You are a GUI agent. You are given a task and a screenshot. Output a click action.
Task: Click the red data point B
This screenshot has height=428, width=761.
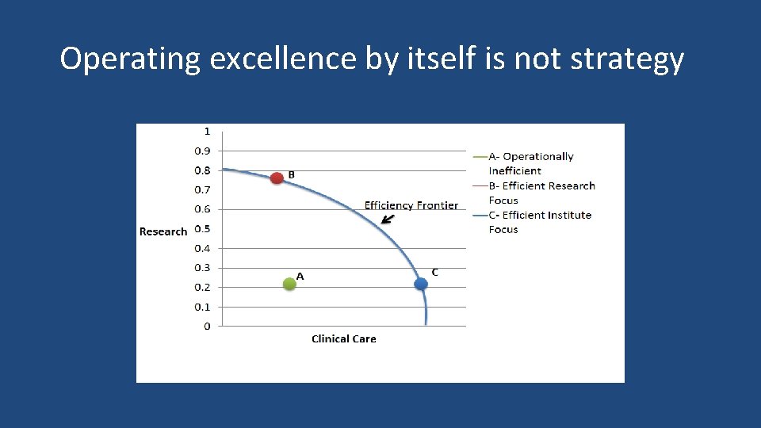277,178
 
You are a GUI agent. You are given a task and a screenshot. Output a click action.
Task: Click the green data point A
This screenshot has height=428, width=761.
289,284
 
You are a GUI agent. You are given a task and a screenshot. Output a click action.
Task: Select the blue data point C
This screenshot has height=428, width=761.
421,284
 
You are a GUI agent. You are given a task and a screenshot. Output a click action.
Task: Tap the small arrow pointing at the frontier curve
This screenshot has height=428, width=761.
387,220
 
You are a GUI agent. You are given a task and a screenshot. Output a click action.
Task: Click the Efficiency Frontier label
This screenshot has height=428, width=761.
411,205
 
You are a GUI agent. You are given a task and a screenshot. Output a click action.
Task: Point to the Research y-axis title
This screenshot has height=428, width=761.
163,231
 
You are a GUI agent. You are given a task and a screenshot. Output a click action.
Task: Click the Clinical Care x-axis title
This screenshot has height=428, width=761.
343,338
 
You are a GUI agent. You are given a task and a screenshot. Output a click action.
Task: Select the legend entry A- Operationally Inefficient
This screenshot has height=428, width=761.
530,163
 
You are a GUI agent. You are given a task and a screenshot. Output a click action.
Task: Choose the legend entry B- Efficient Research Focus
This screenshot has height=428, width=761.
541,193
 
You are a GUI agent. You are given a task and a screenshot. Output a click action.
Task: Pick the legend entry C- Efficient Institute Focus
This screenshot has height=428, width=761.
540,222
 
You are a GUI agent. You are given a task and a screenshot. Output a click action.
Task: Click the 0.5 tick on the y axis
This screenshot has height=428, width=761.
202,229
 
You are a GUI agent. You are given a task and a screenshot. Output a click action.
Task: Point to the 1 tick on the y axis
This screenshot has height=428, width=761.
207,132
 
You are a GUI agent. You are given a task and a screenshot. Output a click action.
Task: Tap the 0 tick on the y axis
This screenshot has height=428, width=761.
207,327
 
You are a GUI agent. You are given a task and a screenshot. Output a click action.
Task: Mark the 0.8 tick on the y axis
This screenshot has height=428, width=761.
202,170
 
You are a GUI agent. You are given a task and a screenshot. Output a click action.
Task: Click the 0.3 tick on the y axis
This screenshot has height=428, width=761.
202,268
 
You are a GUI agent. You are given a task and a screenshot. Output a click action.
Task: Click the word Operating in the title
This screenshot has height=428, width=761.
130,59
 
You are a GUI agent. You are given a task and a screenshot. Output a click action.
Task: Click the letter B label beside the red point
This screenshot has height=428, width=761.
291,174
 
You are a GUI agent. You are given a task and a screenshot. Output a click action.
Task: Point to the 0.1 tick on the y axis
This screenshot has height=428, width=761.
202,307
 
